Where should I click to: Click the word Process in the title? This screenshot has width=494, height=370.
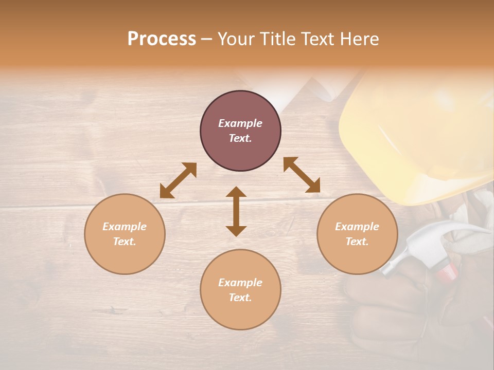[x=162, y=39]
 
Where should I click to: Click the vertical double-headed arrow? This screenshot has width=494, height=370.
[x=236, y=211]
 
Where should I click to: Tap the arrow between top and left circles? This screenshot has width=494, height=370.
[x=178, y=180]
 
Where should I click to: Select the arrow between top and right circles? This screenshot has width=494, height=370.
[x=302, y=175]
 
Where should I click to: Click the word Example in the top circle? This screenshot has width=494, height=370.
[x=240, y=123]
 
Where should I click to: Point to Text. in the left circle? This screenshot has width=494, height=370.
[x=125, y=242]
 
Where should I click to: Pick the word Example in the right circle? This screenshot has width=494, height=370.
[x=357, y=227]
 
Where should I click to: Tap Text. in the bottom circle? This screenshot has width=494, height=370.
[x=240, y=298]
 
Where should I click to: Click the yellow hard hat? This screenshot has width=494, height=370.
[x=417, y=134]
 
